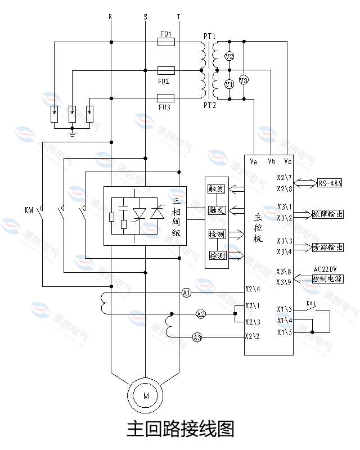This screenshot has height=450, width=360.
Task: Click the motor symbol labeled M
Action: point(146,396)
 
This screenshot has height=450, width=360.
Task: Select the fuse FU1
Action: point(165,42)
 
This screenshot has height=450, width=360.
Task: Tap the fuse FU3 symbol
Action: point(165,98)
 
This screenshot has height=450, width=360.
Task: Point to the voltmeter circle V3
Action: point(244,80)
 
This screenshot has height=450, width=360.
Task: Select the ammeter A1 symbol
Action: point(187,293)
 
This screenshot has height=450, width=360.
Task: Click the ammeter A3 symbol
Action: point(197,337)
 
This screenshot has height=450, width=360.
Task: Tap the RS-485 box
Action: point(330,183)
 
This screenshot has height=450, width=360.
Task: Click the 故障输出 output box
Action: point(327,214)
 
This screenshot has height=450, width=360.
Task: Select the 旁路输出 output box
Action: point(327,247)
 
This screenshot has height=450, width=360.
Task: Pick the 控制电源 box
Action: point(327,278)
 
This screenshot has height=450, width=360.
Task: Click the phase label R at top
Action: point(110,17)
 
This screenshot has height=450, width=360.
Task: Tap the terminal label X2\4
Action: point(253,290)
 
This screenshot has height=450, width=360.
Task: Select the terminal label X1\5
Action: point(284,332)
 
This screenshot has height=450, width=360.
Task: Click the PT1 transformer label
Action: point(209,35)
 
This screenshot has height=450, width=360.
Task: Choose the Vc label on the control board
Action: point(287,162)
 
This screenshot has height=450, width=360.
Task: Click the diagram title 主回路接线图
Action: point(180,429)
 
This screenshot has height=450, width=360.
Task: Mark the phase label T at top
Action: point(178,17)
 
